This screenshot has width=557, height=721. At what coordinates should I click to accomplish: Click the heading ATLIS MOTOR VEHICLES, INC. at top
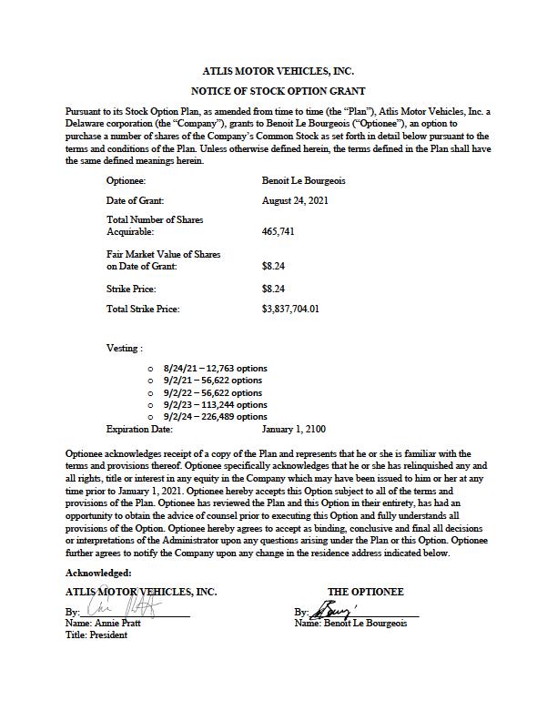point(278,70)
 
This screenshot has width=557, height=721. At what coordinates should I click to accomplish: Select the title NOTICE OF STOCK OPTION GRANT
point(278,91)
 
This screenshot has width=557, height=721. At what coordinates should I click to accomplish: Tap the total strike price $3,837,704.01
point(290,309)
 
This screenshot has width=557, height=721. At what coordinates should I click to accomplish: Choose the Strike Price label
point(131,289)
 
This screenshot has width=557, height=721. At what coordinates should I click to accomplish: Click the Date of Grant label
point(135,200)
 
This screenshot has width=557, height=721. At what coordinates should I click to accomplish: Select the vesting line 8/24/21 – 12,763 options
point(215,369)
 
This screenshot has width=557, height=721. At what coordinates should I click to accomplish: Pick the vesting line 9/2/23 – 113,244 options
point(215,404)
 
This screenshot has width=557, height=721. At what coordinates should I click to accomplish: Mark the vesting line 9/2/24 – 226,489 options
point(215,416)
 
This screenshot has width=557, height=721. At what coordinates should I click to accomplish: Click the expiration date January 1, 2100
point(293,428)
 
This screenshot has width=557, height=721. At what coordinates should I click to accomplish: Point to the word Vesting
point(124,348)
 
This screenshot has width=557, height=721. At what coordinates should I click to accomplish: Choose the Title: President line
point(96,635)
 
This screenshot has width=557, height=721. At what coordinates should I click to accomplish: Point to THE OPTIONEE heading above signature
point(366,592)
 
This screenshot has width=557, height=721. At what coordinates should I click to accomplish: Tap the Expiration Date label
point(139,428)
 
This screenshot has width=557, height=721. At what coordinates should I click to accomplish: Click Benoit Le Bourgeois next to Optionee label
point(303,181)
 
